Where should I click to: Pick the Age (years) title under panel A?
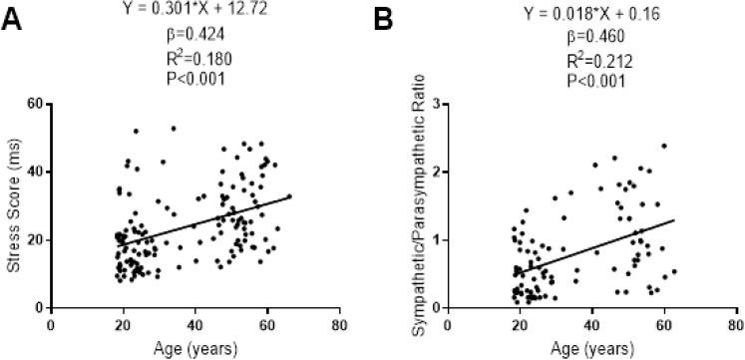point(195,347)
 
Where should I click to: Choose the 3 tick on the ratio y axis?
point(437,104)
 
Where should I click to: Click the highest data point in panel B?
point(663,146)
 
